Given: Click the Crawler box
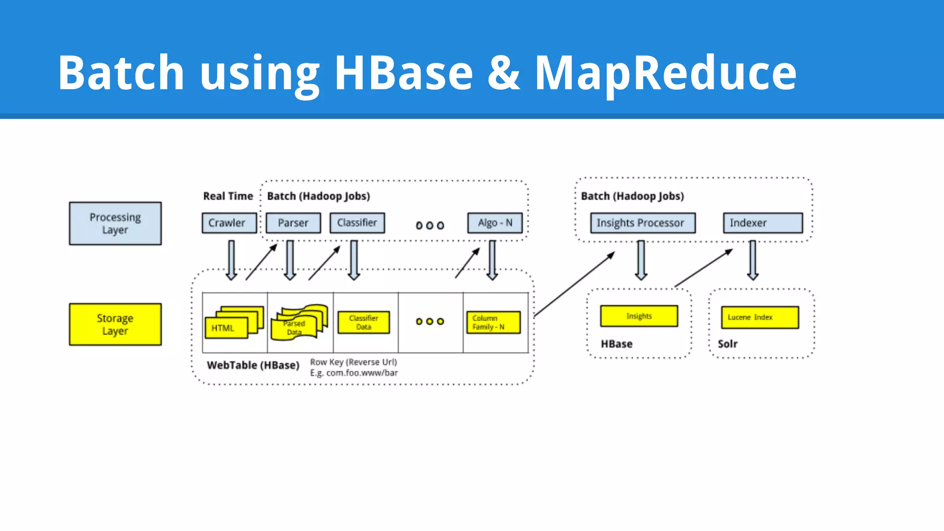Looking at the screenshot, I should click(229, 223).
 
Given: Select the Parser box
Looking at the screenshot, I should click(293, 223).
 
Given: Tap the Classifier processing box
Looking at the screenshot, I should click(357, 223).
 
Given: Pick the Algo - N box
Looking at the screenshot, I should click(495, 223).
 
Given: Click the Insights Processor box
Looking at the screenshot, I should click(643, 223).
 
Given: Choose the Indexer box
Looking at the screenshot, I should click(762, 223).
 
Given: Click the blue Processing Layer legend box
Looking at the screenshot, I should click(115, 224).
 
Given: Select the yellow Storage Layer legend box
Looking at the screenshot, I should click(115, 324).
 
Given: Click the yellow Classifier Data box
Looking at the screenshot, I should click(364, 323).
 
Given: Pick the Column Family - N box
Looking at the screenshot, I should click(493, 323).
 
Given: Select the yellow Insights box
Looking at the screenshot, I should click(639, 316).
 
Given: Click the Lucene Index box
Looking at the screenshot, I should click(760, 318).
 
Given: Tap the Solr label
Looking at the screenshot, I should click(727, 344).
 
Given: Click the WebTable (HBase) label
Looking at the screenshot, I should click(253, 366).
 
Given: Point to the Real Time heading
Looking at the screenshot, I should click(228, 196).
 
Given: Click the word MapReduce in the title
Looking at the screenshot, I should click(666, 73).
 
